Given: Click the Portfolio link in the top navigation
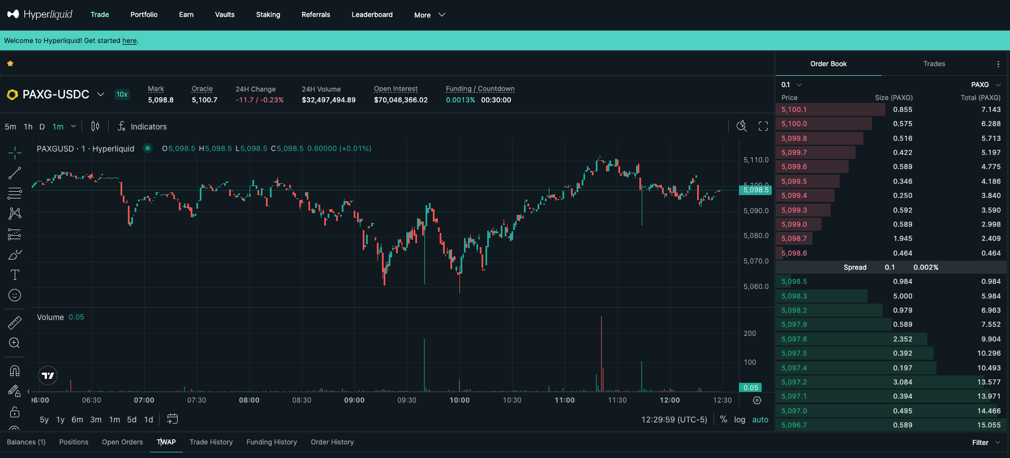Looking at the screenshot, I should [144, 15].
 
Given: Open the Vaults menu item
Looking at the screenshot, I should [225, 15].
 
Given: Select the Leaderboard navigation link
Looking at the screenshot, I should [372, 15].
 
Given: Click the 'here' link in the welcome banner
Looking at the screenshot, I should [130, 41].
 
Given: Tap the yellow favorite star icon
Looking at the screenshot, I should [10, 64].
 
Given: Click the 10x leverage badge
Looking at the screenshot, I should [122, 94].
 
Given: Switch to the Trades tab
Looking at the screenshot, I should [934, 64].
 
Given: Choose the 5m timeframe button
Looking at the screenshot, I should [10, 127].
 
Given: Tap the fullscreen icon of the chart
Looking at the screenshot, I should [763, 126].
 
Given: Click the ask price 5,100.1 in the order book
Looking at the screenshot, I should [794, 110].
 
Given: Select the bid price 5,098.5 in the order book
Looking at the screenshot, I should [794, 282].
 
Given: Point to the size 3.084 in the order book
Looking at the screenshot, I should [902, 382].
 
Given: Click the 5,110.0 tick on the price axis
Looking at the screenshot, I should [755, 160].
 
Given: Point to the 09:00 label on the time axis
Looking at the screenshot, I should [354, 400].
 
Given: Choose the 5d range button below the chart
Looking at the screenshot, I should [132, 420].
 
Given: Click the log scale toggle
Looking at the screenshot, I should [740, 420].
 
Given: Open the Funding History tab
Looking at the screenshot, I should [272, 442].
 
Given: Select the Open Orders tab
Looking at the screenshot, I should [122, 442].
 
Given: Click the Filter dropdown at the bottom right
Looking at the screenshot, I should [985, 443].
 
